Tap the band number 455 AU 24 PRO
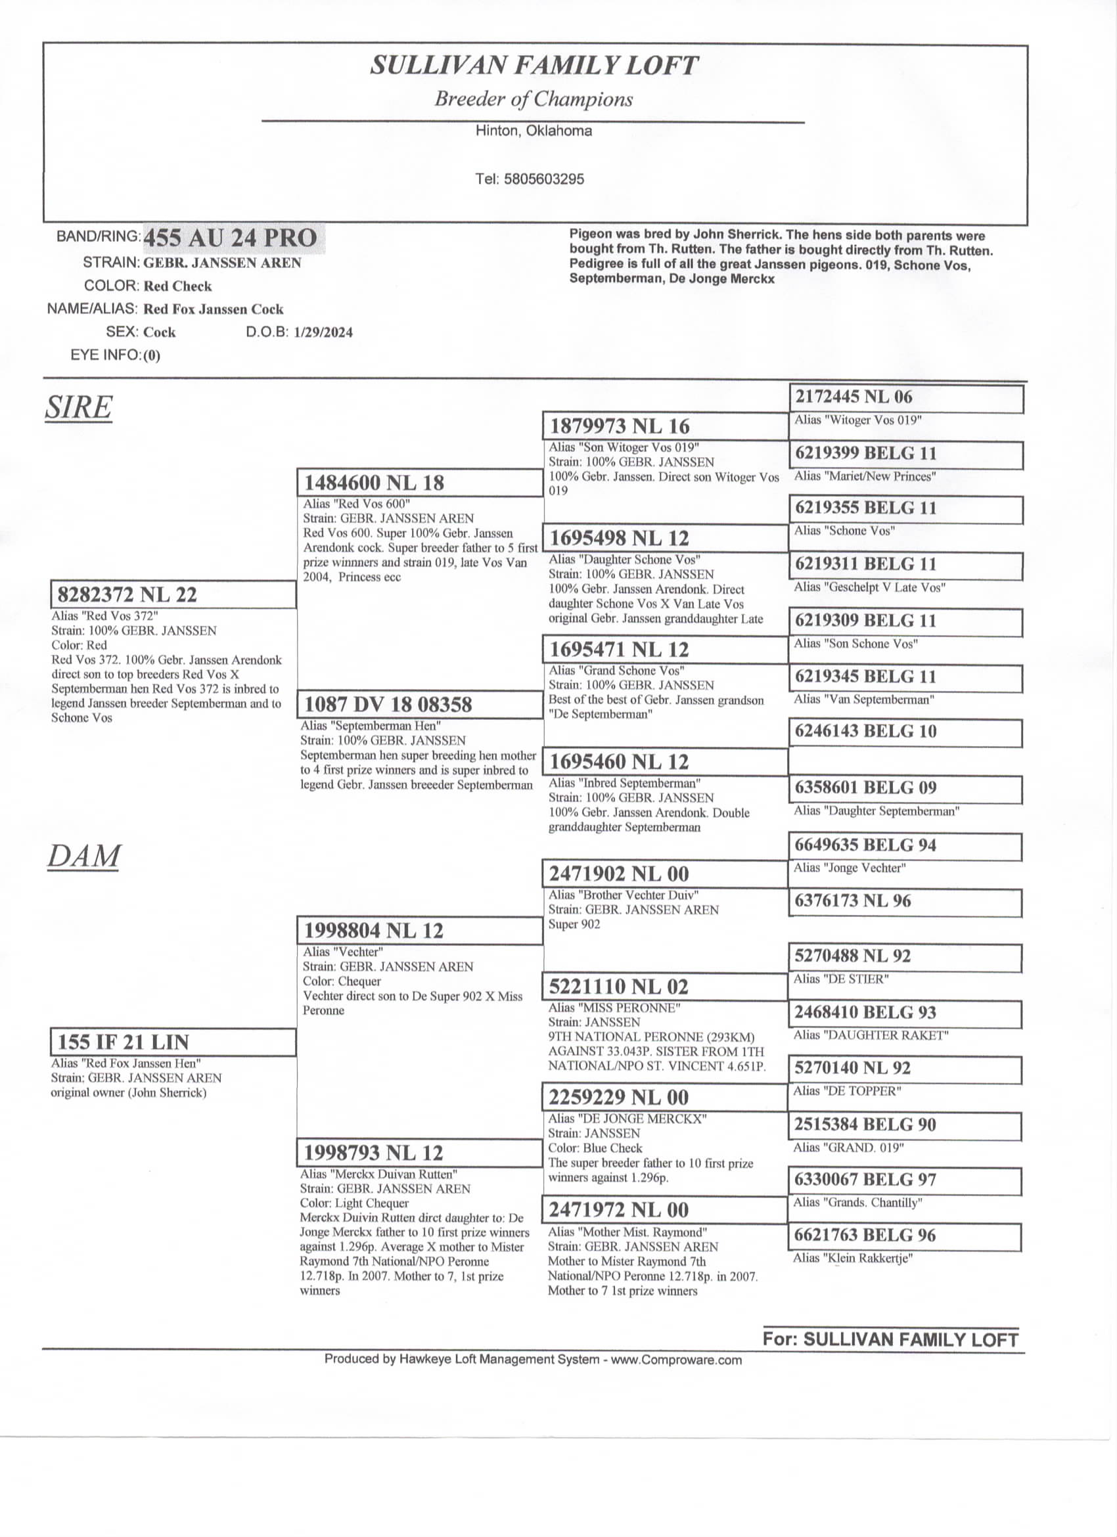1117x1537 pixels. [x=231, y=238]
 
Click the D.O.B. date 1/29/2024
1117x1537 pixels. [x=323, y=333]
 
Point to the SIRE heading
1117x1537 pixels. [x=79, y=407]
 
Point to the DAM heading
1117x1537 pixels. [x=83, y=856]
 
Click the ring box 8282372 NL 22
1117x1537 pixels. [x=173, y=594]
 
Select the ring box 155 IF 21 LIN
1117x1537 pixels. [x=173, y=1042]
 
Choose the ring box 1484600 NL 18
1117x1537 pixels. [x=420, y=483]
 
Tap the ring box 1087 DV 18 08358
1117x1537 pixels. [x=420, y=704]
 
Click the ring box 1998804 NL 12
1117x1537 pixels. [x=420, y=931]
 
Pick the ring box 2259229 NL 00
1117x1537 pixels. [x=665, y=1097]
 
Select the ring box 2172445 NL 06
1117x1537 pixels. [x=906, y=397]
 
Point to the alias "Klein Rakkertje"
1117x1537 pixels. [x=853, y=1259]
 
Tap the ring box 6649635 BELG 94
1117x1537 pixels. [x=906, y=845]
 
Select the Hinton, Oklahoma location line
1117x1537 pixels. [x=534, y=131]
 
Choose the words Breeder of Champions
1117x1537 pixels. [x=534, y=100]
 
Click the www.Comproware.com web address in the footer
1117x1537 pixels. [x=675, y=1360]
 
